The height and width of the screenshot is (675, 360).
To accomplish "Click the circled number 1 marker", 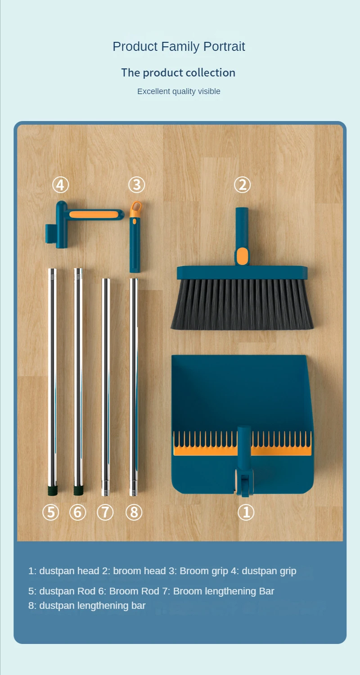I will pos(246,512).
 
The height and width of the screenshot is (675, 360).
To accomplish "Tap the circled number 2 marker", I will pos(242,184).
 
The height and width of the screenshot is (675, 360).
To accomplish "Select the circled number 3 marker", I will pos(136,184).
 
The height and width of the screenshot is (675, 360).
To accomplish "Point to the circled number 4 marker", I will pos(61,184).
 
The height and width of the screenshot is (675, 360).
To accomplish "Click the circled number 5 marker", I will pos(51,512).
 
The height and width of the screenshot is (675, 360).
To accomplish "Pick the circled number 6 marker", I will pos(77,512).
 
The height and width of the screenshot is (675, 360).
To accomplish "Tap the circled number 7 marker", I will pos(105,512).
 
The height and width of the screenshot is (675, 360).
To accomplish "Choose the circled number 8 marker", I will pos(134,512).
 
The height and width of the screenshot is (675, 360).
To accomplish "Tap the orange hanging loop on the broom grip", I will pos(135,208).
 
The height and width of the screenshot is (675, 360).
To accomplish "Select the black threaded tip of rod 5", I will pos(52,488).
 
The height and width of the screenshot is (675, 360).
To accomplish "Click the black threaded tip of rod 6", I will pos(78,488).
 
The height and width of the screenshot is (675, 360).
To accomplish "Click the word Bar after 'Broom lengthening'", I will pos(266,591).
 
